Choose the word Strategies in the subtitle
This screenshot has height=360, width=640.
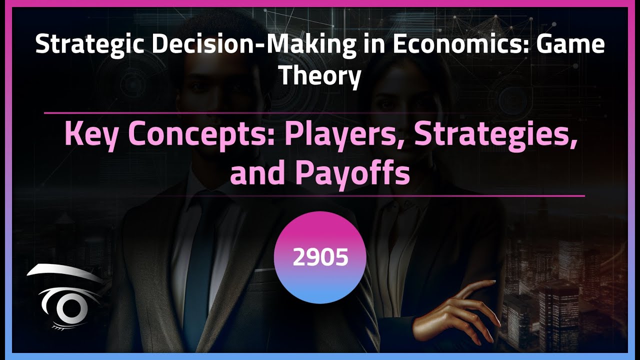pos(492,135)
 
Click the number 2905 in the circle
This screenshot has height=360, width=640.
pos(320,257)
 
